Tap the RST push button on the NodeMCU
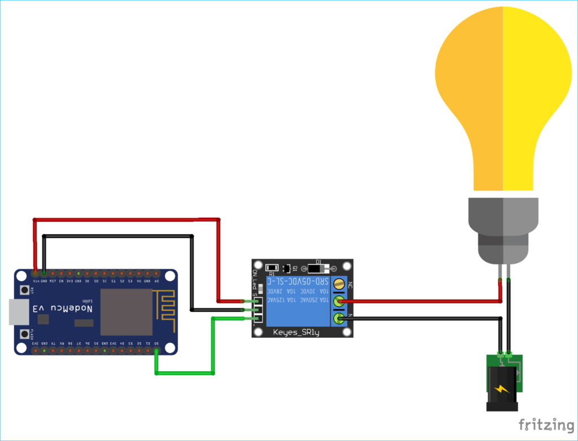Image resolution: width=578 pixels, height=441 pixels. click(25, 290)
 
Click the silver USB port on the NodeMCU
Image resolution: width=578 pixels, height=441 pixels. click(18, 312)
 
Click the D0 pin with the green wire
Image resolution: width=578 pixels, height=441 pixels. click(156, 351)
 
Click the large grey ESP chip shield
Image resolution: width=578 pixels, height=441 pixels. click(126, 312)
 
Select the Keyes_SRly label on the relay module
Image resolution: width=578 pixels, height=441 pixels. click(296, 332)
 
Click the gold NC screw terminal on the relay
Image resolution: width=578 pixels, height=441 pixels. click(339, 284)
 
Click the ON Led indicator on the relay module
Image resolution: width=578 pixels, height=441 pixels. click(256, 282)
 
